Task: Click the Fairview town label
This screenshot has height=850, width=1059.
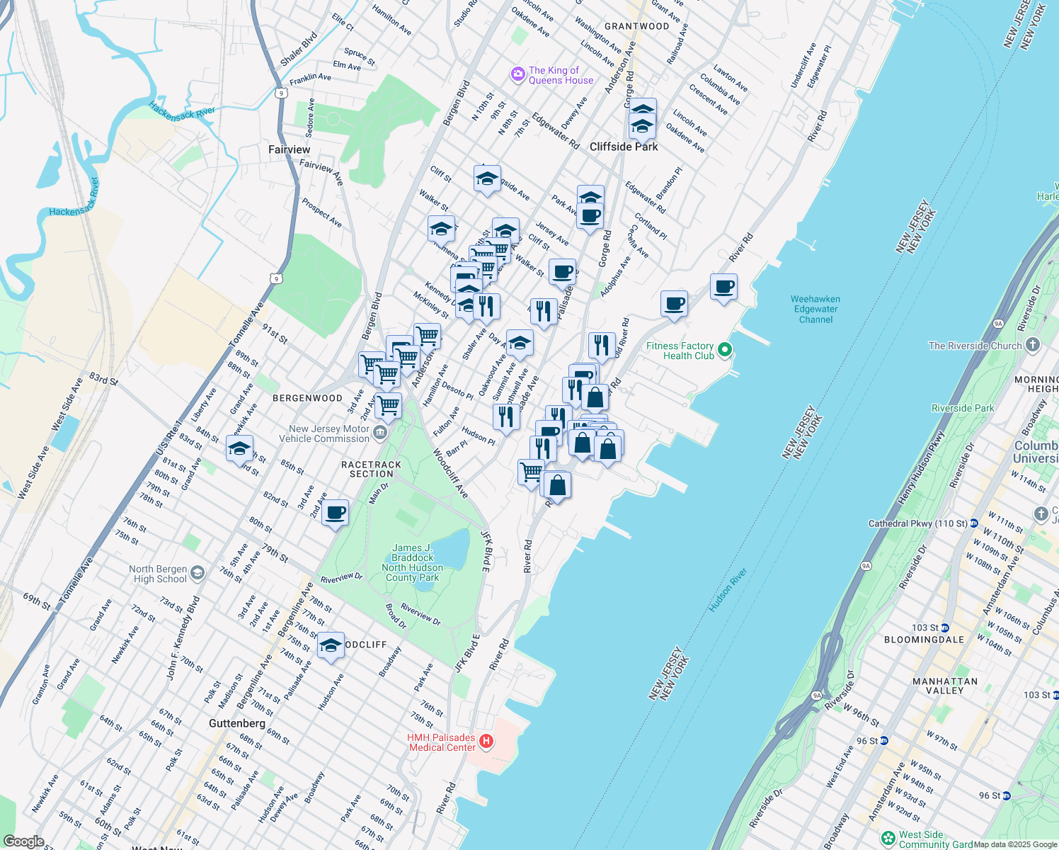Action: [x=289, y=149]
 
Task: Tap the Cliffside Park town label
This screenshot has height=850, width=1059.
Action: [x=624, y=147]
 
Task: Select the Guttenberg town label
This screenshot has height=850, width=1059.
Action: [x=237, y=723]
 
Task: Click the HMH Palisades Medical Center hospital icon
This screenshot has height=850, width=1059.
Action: [x=486, y=742]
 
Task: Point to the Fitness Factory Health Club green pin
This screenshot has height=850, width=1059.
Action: [x=724, y=350]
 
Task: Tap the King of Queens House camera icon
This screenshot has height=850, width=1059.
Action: [x=518, y=74]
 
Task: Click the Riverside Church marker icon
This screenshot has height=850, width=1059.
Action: [x=1033, y=345]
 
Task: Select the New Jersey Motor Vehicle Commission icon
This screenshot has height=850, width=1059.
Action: [x=380, y=433]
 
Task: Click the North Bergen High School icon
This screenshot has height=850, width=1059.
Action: [x=198, y=573]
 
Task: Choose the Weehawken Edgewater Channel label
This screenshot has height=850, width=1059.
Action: [x=815, y=309]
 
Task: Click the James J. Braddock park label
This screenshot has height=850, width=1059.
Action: [x=412, y=562]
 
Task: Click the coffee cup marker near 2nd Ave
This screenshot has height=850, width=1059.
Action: [x=335, y=512]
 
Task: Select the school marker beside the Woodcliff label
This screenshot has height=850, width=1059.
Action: [x=331, y=645]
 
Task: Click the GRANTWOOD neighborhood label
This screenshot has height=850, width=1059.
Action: [x=636, y=26]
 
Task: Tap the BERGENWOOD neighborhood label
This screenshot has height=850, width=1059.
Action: [x=307, y=398]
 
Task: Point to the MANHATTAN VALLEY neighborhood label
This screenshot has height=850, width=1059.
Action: [x=944, y=686]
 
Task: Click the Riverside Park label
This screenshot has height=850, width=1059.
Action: [x=963, y=408]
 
